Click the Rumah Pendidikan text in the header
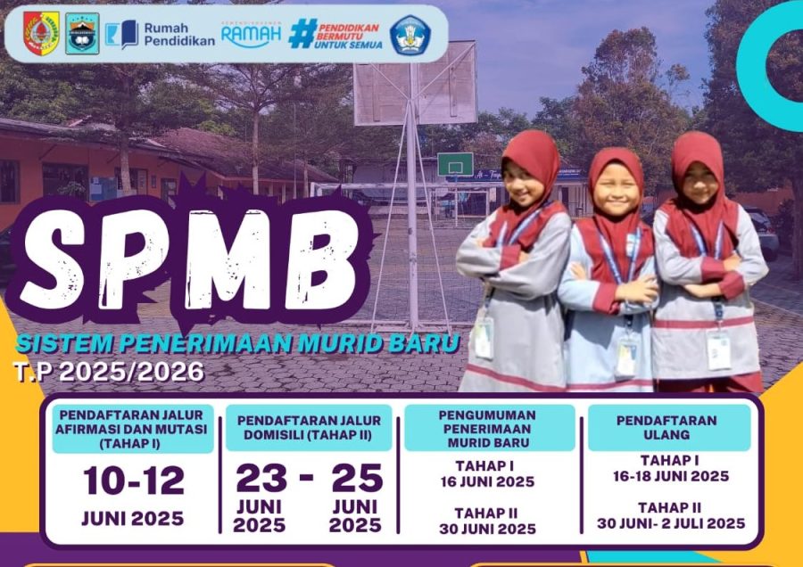click(x=179, y=34)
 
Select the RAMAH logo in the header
click(x=251, y=34)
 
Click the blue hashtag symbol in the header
click(x=302, y=34)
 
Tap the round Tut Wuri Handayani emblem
click(x=410, y=35)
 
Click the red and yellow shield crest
click(x=41, y=33)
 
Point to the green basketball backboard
click(x=455, y=164)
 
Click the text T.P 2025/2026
click(x=109, y=372)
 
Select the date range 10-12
click(x=134, y=481)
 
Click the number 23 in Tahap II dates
click(x=261, y=478)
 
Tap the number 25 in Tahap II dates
click(x=357, y=478)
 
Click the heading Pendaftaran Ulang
click(x=666, y=427)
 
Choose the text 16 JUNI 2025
click(x=487, y=481)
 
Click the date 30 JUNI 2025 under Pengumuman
click(x=487, y=529)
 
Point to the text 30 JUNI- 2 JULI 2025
click(x=671, y=523)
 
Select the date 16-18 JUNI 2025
click(x=671, y=476)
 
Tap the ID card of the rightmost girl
click(x=719, y=349)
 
